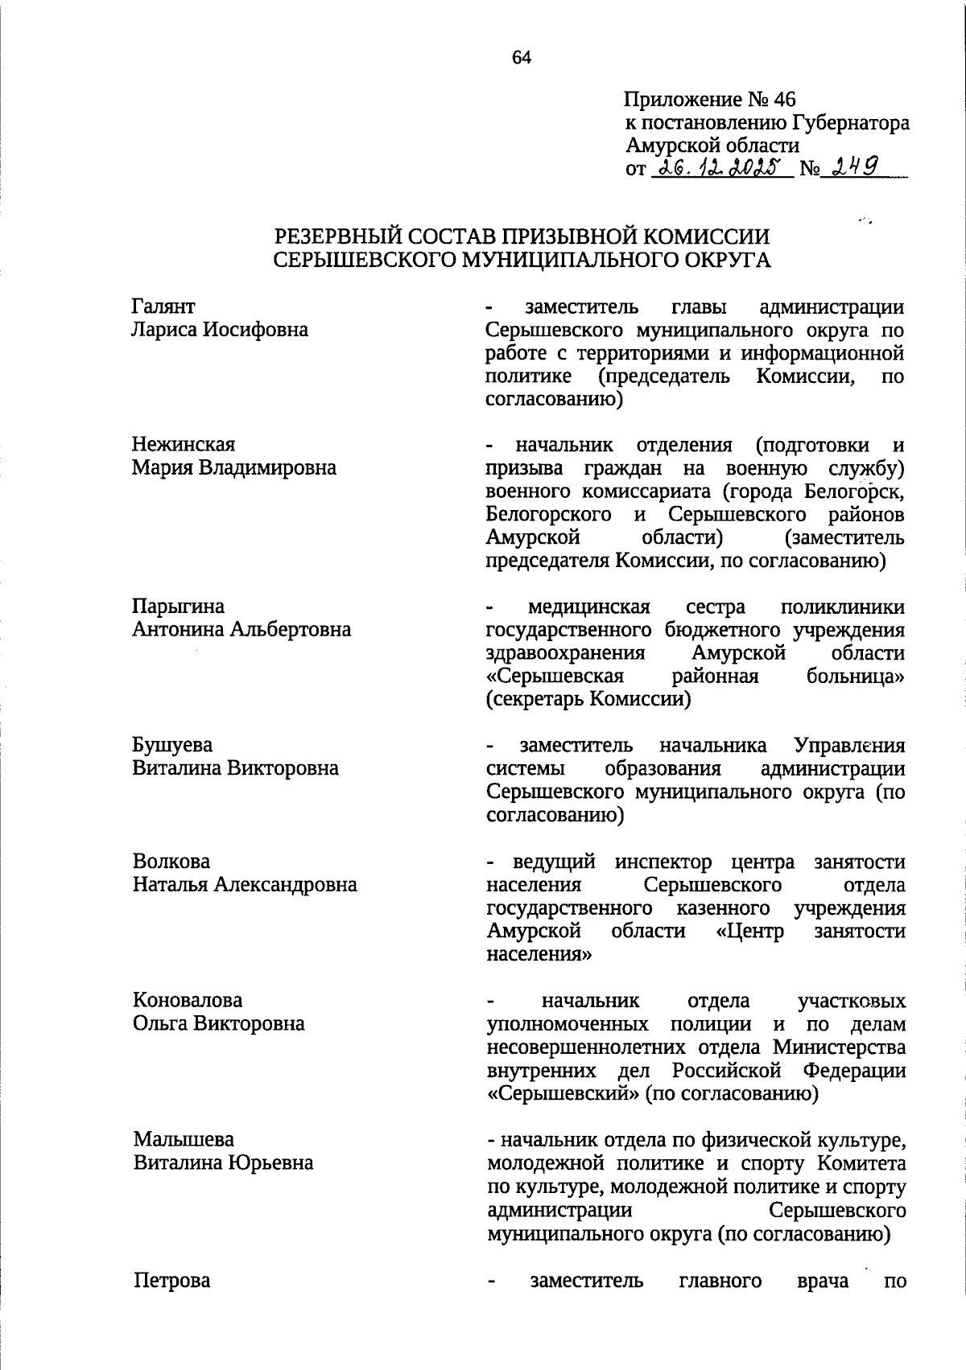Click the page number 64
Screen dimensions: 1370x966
click(x=522, y=57)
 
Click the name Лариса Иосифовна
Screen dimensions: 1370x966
click(x=220, y=330)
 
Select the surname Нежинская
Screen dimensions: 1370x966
click(x=184, y=445)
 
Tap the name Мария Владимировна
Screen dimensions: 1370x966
click(x=233, y=468)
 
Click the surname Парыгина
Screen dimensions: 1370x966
click(x=178, y=606)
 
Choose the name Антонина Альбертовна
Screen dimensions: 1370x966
click(x=242, y=629)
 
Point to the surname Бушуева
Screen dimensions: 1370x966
click(x=172, y=745)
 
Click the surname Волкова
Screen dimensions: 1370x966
click(x=171, y=862)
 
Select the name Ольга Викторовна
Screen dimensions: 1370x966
click(x=219, y=1023)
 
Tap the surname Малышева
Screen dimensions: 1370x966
click(x=184, y=1139)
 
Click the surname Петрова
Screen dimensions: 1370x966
click(x=172, y=1280)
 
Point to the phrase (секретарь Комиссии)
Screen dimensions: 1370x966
click(x=588, y=699)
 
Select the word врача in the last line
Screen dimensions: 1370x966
click(x=822, y=1280)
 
